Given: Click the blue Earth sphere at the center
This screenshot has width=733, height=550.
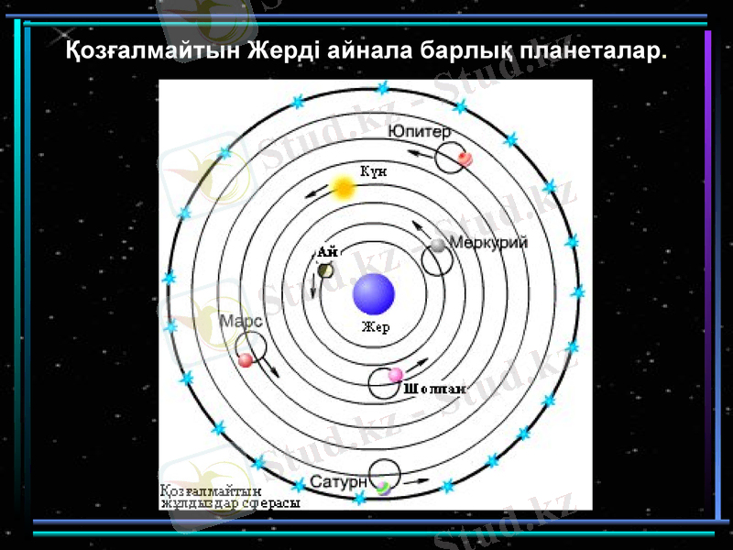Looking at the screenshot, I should click(x=374, y=294).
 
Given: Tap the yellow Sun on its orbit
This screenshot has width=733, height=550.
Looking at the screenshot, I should click(x=344, y=188).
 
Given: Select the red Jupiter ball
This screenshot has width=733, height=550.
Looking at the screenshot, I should click(x=465, y=159).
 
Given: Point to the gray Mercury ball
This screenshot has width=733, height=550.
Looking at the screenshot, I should click(x=439, y=245).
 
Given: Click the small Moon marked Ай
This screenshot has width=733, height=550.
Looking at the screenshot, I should click(x=325, y=269).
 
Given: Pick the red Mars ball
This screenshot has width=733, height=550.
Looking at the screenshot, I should click(x=245, y=360).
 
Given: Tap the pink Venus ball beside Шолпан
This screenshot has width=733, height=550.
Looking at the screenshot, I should click(x=396, y=375).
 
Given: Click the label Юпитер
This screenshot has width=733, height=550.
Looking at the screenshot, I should click(x=420, y=132).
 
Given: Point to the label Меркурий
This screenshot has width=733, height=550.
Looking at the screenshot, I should click(x=488, y=243).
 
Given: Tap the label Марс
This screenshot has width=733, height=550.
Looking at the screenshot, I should click(x=242, y=322).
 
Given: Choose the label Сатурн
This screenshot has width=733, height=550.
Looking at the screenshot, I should click(x=339, y=481).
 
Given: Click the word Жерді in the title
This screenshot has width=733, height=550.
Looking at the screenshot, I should click(x=281, y=49).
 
